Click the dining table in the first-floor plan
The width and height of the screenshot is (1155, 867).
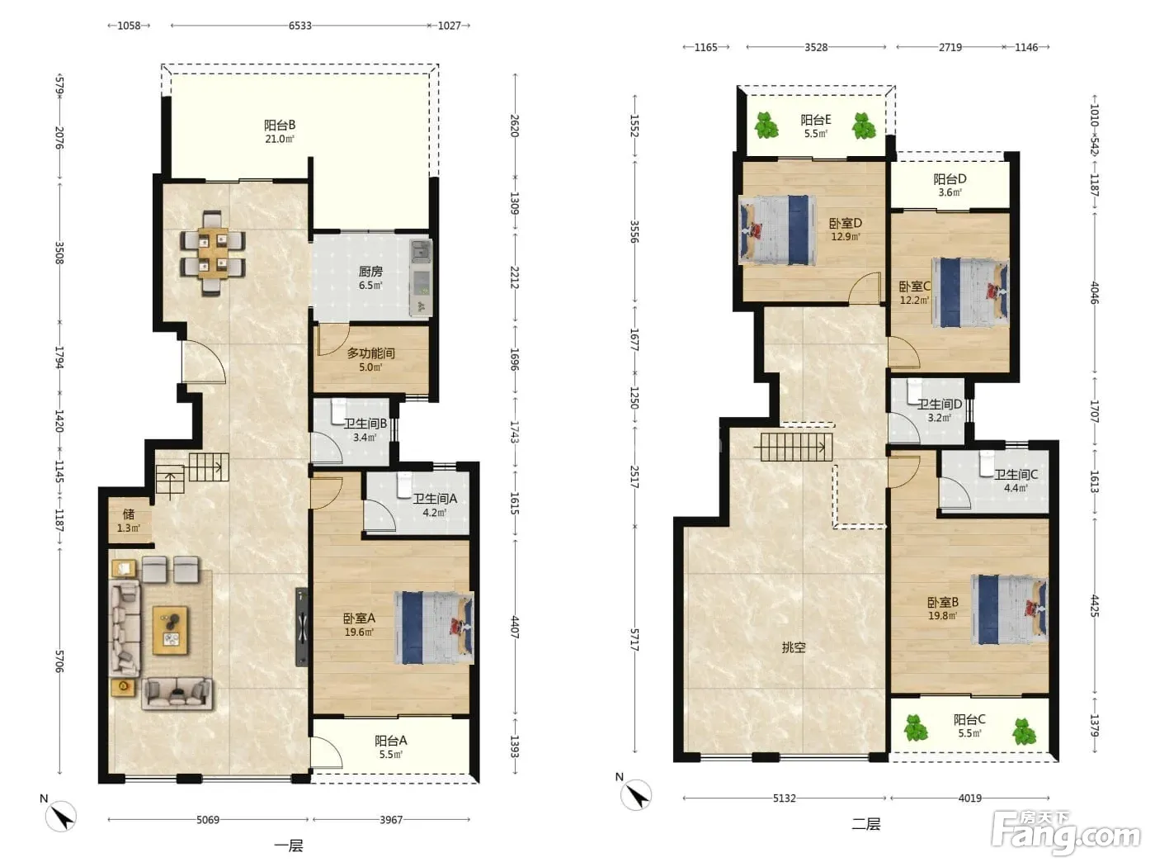[x=213, y=253]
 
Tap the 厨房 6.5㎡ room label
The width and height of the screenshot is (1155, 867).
[x=370, y=278]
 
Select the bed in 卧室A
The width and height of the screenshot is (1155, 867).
[x=434, y=628]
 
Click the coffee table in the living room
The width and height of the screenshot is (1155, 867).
[x=170, y=631]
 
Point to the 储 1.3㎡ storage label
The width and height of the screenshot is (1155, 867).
[x=129, y=521]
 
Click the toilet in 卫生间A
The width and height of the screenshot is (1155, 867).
[x=403, y=485]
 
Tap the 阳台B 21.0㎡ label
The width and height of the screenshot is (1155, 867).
[x=280, y=131]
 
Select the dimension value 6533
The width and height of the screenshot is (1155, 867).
[x=300, y=26]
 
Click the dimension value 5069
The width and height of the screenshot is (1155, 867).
[x=208, y=820]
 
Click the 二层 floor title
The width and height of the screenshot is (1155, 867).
[x=866, y=824]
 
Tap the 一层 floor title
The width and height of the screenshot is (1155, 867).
[x=289, y=846]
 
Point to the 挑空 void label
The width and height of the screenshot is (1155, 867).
[x=794, y=647]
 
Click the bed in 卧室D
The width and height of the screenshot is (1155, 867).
[x=777, y=230]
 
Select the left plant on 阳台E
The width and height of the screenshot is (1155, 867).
[x=766, y=126]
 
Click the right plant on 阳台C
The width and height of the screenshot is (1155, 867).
[x=1024, y=732]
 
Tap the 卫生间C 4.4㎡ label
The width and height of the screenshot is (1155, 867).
[x=1016, y=481]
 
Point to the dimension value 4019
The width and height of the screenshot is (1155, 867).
[x=969, y=798]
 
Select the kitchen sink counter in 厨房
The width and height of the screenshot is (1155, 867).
[x=421, y=277]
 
